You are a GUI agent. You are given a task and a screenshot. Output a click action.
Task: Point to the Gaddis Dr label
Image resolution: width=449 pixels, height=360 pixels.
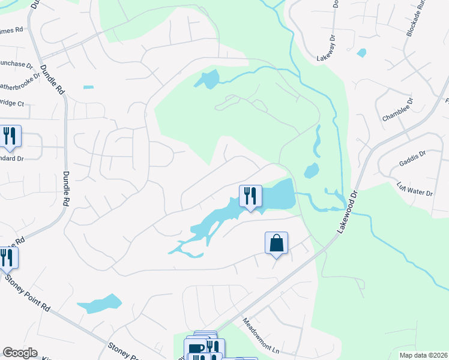click(x=412, y=159)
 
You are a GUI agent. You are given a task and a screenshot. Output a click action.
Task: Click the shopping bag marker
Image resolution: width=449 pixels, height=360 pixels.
click(x=276, y=243)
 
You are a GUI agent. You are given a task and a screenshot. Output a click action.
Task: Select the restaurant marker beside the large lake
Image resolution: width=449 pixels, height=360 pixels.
click(x=250, y=196)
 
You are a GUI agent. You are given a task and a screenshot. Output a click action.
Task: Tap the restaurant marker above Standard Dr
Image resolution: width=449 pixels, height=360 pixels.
click(x=10, y=136)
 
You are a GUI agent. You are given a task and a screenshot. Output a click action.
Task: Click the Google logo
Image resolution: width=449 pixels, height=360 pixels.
click(x=20, y=353)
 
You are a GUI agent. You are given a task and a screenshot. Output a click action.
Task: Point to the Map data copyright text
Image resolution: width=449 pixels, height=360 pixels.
click(x=424, y=355)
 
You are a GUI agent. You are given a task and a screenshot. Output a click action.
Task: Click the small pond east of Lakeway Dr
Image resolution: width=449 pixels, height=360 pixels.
click(x=361, y=53)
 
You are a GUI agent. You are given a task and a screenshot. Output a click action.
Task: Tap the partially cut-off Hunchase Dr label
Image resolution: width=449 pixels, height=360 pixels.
click(x=16, y=64)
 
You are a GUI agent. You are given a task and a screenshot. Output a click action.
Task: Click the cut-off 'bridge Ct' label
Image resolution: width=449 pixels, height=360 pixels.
click(x=12, y=104)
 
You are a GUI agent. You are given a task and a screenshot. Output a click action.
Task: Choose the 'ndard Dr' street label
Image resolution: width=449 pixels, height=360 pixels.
click(x=11, y=159)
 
